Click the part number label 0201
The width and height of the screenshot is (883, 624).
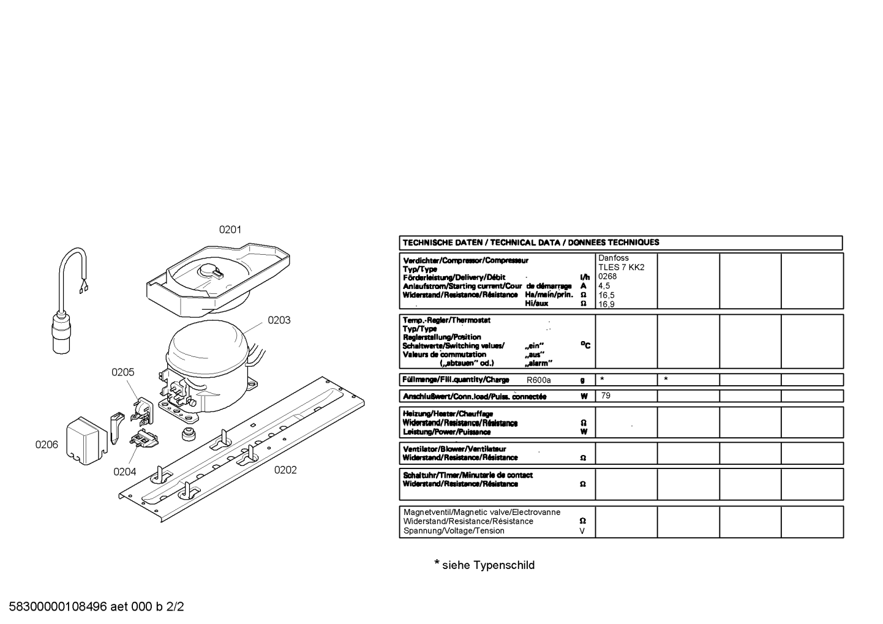[230, 230]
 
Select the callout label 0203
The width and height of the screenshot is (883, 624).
[279, 320]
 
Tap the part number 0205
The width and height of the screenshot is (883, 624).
[123, 372]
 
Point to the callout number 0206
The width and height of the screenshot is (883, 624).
[47, 445]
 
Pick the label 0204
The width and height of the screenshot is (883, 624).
[124, 472]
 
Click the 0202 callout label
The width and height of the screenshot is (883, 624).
[285, 470]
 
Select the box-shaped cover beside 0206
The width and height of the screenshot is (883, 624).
[87, 441]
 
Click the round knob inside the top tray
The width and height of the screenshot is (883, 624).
[210, 271]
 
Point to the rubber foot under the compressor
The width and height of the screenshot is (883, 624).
[189, 433]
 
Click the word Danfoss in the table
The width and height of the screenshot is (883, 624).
[614, 258]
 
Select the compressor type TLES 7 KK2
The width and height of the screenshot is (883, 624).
[622, 267]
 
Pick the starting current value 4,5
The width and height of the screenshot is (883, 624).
[604, 286]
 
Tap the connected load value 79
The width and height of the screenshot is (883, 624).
[606, 396]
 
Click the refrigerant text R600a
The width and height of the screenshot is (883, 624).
[538, 380]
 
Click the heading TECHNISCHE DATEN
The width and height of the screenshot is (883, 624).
[442, 242]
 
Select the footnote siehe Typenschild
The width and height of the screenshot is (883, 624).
[489, 565]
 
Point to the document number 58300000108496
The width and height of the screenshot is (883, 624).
[58, 607]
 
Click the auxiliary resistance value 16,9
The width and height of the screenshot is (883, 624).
[606, 304]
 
